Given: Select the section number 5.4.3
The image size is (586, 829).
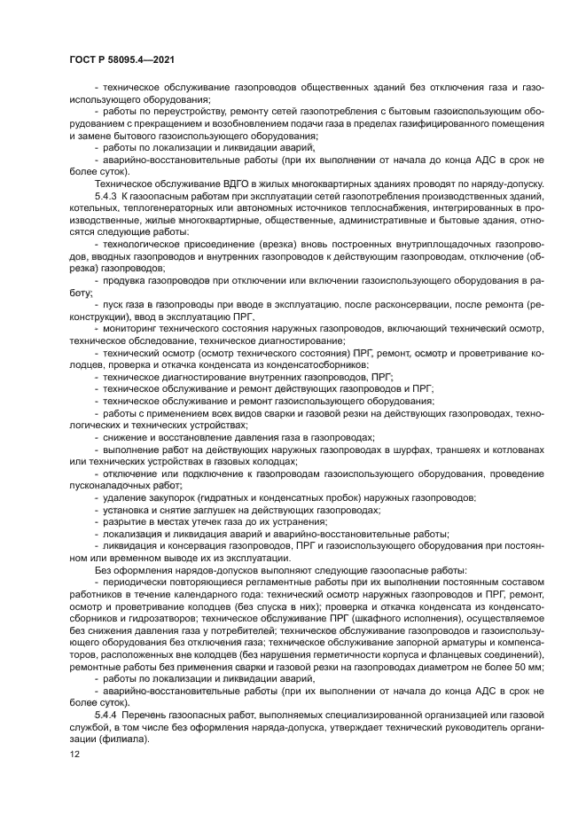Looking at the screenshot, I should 105,194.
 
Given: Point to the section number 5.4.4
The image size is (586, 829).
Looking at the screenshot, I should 105,715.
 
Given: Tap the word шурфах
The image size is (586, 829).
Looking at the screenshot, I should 419,450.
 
